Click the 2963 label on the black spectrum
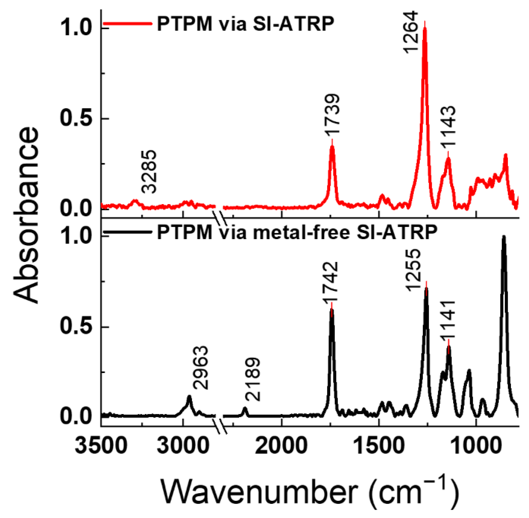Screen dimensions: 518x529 coord(201,368)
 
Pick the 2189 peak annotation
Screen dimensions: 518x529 coord(253,379)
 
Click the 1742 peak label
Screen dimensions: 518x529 coord(331,282)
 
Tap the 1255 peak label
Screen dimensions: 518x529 coord(413,270)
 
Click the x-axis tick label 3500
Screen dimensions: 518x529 coord(101,445)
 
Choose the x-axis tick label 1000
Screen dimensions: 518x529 coord(476,445)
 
